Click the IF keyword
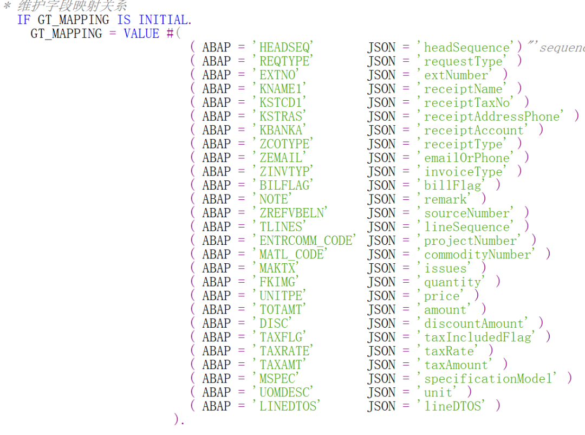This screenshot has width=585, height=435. click(x=24, y=20)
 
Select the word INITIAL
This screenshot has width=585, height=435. click(x=164, y=20)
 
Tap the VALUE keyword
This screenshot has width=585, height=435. click(x=141, y=34)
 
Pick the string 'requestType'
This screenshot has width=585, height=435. click(x=462, y=61)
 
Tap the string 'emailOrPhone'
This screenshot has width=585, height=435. click(x=466, y=158)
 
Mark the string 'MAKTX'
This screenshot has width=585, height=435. click(x=276, y=268)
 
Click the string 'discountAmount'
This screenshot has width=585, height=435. click(x=473, y=323)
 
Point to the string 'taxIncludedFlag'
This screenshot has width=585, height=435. click(x=477, y=337)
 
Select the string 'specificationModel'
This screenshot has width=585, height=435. click(x=487, y=379)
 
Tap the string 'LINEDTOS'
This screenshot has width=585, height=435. click(x=286, y=406)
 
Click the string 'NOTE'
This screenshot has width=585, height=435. click(x=272, y=199)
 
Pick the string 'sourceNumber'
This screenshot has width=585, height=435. click(x=466, y=213)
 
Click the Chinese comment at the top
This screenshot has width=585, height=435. click(x=73, y=5)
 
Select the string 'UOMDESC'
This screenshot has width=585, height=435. click(x=283, y=392)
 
